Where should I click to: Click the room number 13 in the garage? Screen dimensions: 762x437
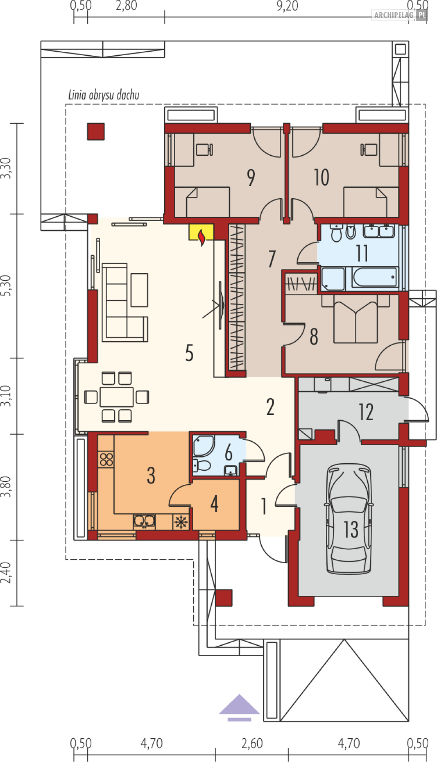[350, 529]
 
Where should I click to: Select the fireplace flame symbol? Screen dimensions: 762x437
[202, 237]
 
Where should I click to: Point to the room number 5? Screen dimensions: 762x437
[189, 353]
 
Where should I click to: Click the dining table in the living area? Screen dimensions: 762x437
[116, 397]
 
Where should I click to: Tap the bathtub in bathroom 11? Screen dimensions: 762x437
[373, 277]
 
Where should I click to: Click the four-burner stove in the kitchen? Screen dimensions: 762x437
[106, 459]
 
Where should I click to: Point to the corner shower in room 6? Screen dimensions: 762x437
[203, 445]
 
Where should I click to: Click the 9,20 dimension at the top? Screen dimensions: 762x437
[287, 6]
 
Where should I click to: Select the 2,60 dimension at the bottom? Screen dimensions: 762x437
[252, 743]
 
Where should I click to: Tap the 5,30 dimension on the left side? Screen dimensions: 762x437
[6, 285]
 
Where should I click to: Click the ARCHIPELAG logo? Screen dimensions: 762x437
[399, 15]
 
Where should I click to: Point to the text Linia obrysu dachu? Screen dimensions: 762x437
[104, 95]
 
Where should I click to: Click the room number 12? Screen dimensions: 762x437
[365, 412]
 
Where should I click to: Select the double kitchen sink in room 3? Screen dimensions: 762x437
[144, 521]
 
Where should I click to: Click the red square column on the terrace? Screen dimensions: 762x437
[95, 132]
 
